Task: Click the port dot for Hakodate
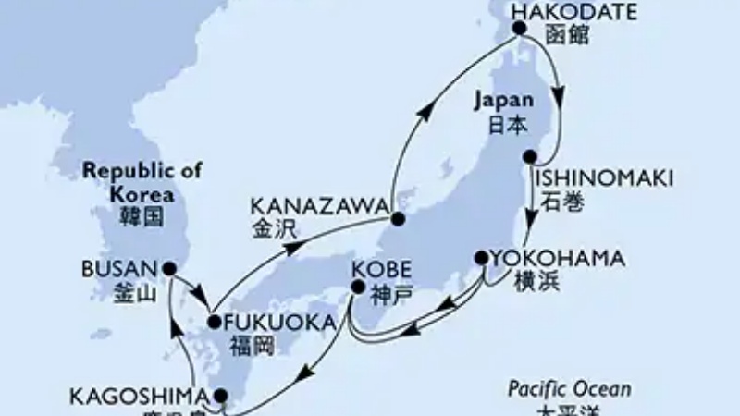(519, 29)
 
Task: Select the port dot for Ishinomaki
(530, 157)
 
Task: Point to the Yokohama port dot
(481, 258)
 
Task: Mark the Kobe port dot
(358, 288)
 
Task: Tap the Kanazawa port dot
(398, 220)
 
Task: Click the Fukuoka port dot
(214, 323)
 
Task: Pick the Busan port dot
(169, 269)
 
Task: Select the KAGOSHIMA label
(136, 398)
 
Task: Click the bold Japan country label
(503, 100)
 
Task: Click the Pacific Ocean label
(570, 389)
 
